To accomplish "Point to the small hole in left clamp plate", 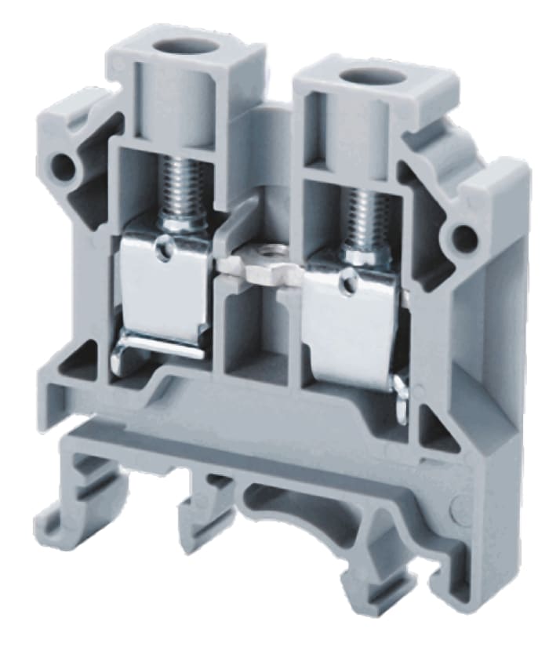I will (x=162, y=249).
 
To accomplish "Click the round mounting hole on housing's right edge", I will (x=464, y=234).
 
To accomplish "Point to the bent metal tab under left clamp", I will (x=157, y=352).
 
